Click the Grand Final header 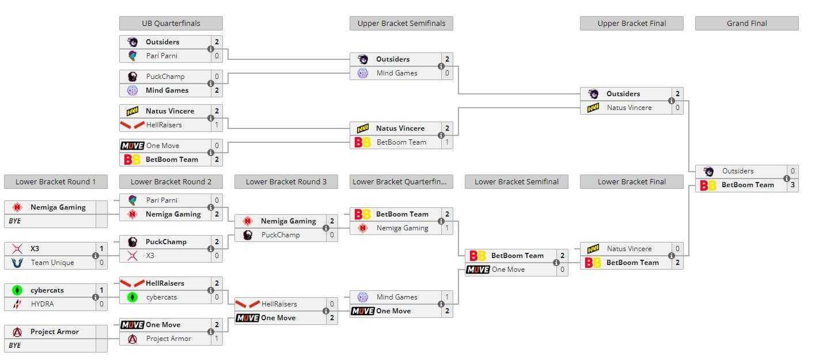pos(746,23)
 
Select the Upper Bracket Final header pos(632,23)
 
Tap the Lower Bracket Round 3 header pos(286,181)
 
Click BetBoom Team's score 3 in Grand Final pos(793,185)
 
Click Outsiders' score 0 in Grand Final pos(793,171)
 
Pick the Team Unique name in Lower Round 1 pos(52,263)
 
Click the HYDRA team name pos(42,304)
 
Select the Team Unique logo pos(17,263)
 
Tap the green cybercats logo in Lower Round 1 pos(17,290)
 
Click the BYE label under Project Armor pos(14,346)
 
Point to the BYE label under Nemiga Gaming pos(14,221)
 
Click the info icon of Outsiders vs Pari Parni pos(211,49)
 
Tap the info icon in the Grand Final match pos(787,179)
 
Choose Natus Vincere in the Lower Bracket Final pos(629,249)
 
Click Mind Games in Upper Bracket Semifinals pos(397,73)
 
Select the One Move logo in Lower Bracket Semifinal pos(478,270)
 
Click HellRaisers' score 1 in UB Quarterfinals pos(217,125)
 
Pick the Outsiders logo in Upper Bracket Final pos(593,94)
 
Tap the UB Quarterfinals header pos(171,23)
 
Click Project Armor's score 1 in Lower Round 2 pos(217,339)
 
